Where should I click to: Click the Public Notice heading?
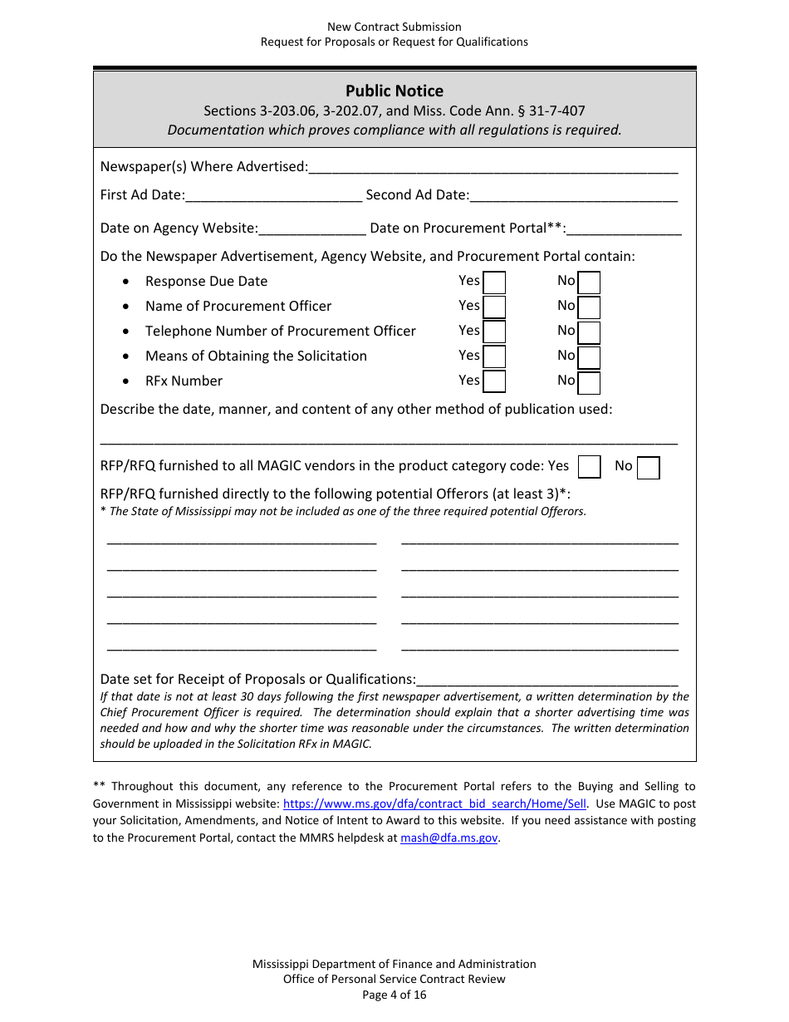(x=394, y=91)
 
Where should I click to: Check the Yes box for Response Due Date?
(x=494, y=283)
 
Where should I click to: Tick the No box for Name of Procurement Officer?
(x=589, y=308)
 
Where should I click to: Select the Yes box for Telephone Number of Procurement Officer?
(x=494, y=332)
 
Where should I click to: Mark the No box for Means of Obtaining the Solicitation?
(x=589, y=357)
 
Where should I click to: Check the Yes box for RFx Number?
(x=494, y=382)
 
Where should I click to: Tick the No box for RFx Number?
(x=589, y=382)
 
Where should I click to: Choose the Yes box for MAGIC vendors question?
(x=589, y=467)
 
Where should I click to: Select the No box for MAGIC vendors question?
(x=648, y=468)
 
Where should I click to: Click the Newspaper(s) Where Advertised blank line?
(x=493, y=167)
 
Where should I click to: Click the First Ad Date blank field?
(x=273, y=195)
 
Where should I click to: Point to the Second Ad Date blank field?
(x=573, y=195)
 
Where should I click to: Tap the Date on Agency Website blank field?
(x=311, y=228)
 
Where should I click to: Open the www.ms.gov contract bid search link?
(x=434, y=803)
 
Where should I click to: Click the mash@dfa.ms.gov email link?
(x=448, y=838)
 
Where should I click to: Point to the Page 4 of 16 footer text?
(x=394, y=995)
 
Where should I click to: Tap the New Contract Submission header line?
(x=394, y=27)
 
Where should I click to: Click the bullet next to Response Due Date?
(x=125, y=283)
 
